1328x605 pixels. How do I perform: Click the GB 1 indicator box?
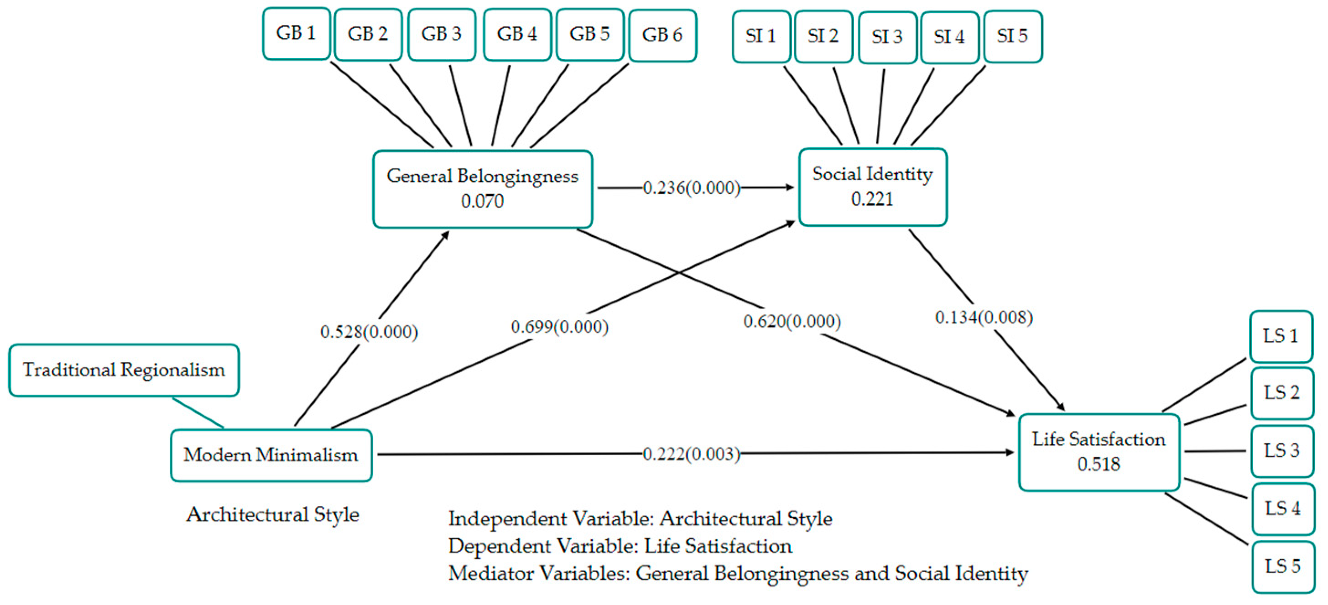pyautogui.click(x=296, y=33)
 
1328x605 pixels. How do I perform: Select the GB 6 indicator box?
pyautogui.click(x=662, y=35)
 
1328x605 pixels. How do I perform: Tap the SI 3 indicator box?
pyautogui.click(x=887, y=37)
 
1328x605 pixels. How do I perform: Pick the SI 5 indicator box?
pyautogui.click(x=1012, y=36)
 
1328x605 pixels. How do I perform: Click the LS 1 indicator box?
pyautogui.click(x=1281, y=336)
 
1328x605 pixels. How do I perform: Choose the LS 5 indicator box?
pyautogui.click(x=1283, y=567)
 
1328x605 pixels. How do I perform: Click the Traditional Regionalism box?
pyautogui.click(x=124, y=370)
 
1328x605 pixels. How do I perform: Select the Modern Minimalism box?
pyautogui.click(x=271, y=455)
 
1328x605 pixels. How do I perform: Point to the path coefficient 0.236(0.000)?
pyautogui.click(x=691, y=188)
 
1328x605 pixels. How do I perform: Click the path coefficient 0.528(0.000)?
pyautogui.click(x=369, y=332)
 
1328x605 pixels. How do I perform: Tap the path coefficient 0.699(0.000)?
pyautogui.click(x=559, y=327)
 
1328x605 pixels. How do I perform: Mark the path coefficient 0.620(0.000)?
pyautogui.click(x=792, y=322)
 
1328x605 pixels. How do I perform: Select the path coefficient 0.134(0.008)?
pyautogui.click(x=984, y=318)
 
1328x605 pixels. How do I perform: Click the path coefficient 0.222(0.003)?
pyautogui.click(x=691, y=454)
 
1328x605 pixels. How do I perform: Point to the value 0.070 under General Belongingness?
pyautogui.click(x=482, y=201)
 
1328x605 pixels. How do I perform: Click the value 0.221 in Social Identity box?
pyautogui.click(x=872, y=199)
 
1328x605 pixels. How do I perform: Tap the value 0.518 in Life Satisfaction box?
pyautogui.click(x=1099, y=464)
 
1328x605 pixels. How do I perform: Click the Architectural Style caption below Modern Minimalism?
pyautogui.click(x=273, y=515)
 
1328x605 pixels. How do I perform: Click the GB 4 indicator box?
pyautogui.click(x=517, y=34)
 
